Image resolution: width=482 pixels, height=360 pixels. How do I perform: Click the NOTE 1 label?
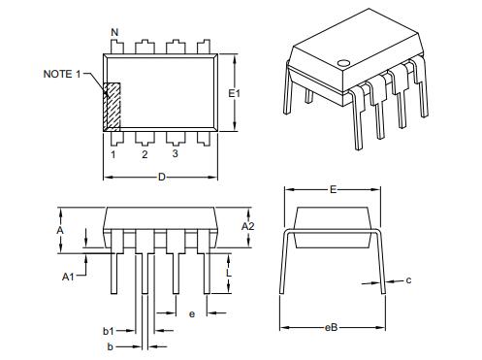coord(65,74)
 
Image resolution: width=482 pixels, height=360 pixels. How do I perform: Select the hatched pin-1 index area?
coord(112,106)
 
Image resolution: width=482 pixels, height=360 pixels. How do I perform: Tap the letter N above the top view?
coord(115,34)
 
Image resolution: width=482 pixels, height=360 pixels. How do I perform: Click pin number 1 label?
coord(113,154)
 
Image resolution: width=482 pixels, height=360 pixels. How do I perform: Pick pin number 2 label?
coord(145,154)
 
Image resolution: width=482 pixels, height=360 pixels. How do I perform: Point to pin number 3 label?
coord(175,154)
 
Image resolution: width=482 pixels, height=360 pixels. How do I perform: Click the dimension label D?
coord(161,177)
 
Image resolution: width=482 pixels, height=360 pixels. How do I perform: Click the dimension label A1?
coord(69,277)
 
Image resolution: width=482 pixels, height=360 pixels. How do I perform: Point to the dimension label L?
coord(229,275)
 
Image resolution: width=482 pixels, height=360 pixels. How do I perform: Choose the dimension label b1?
coord(109,331)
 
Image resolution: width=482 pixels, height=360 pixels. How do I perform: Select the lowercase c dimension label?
coord(408,280)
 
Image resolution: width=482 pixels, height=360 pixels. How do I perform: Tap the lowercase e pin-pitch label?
coord(192,313)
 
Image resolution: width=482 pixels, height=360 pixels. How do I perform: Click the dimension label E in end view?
coord(333,190)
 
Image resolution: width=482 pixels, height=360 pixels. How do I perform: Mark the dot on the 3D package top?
coord(342,64)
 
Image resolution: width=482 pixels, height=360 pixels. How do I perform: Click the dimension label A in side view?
coord(60,230)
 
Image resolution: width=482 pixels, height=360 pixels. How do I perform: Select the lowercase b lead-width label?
coord(111,345)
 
